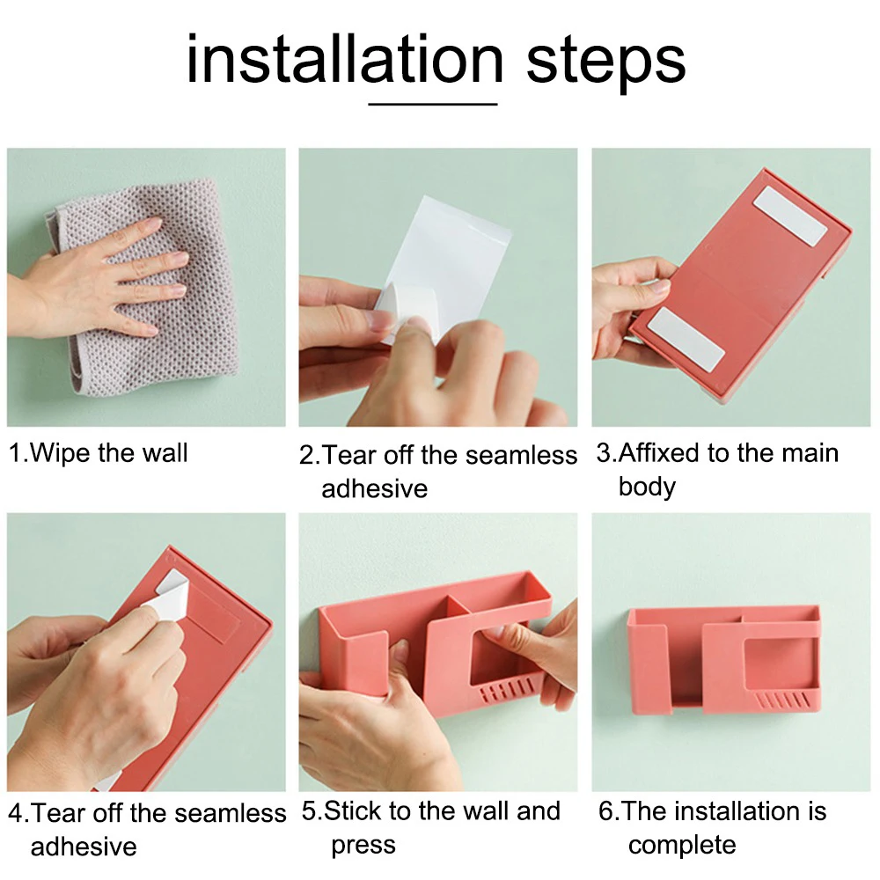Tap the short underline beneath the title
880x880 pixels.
click(x=433, y=104)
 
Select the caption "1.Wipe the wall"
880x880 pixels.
click(x=99, y=453)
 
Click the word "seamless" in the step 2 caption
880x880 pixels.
click(x=521, y=455)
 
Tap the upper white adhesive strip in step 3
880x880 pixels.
click(x=790, y=216)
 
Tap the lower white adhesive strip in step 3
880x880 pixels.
click(x=686, y=340)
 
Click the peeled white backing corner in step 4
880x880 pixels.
click(x=168, y=595)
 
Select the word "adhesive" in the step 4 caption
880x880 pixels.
click(x=84, y=847)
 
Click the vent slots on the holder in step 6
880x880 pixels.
click(x=783, y=700)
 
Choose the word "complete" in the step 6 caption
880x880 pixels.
click(x=682, y=846)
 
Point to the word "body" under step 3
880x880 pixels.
click(x=647, y=487)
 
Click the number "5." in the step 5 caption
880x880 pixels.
click(x=312, y=811)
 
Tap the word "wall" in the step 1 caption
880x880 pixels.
click(x=165, y=453)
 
